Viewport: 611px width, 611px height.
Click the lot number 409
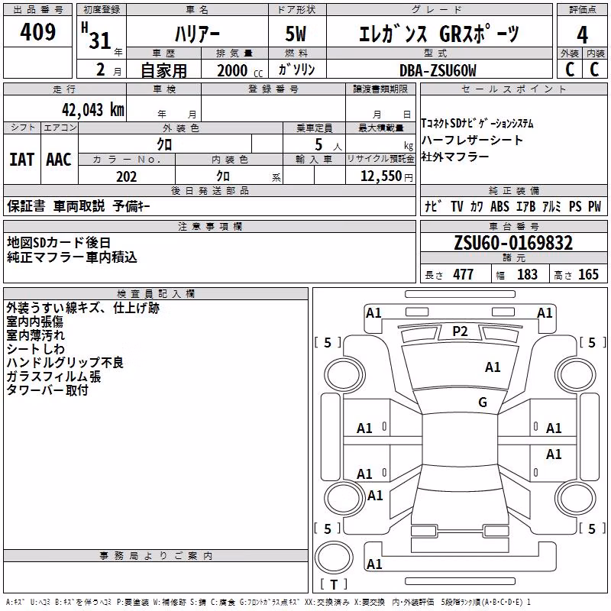coord(37,32)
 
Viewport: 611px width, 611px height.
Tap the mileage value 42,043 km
coord(93,110)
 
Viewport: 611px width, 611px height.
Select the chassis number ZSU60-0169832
coord(513,243)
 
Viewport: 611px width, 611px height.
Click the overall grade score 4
coord(582,35)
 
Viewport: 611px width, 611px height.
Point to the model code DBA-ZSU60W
coord(438,70)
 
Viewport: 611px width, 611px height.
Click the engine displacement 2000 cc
coord(240,70)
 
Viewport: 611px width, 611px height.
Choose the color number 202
coord(126,176)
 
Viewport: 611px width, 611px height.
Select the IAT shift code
coord(21,160)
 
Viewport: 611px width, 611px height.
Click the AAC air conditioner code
coord(59,160)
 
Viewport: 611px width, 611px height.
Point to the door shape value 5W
coord(296,34)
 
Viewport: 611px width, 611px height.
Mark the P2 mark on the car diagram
coord(460,331)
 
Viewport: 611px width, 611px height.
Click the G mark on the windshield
coord(483,402)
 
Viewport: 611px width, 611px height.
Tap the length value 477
coord(464,274)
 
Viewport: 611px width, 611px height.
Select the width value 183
coord(527,274)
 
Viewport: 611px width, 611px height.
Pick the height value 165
coord(588,274)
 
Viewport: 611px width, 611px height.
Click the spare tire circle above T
coord(334,558)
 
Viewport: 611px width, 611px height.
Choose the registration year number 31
coord(100,40)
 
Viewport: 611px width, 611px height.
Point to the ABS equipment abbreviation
coord(499,206)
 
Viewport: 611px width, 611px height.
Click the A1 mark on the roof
coord(493,367)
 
